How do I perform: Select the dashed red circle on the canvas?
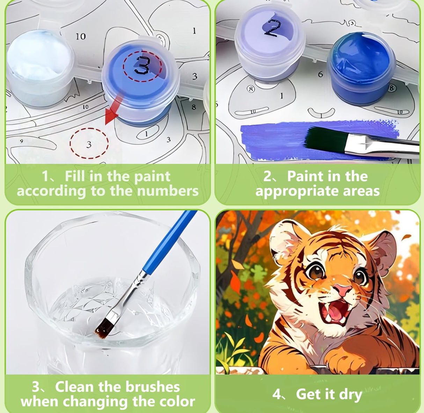pyautogui.click(x=89, y=143)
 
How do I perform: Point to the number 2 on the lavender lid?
pyautogui.click(x=271, y=28)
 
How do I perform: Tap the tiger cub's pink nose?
pyautogui.click(x=342, y=289)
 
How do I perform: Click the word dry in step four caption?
pyautogui.click(x=350, y=394)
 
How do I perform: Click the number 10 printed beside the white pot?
pyautogui.click(x=80, y=36)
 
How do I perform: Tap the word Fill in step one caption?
pyautogui.click(x=75, y=176)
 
